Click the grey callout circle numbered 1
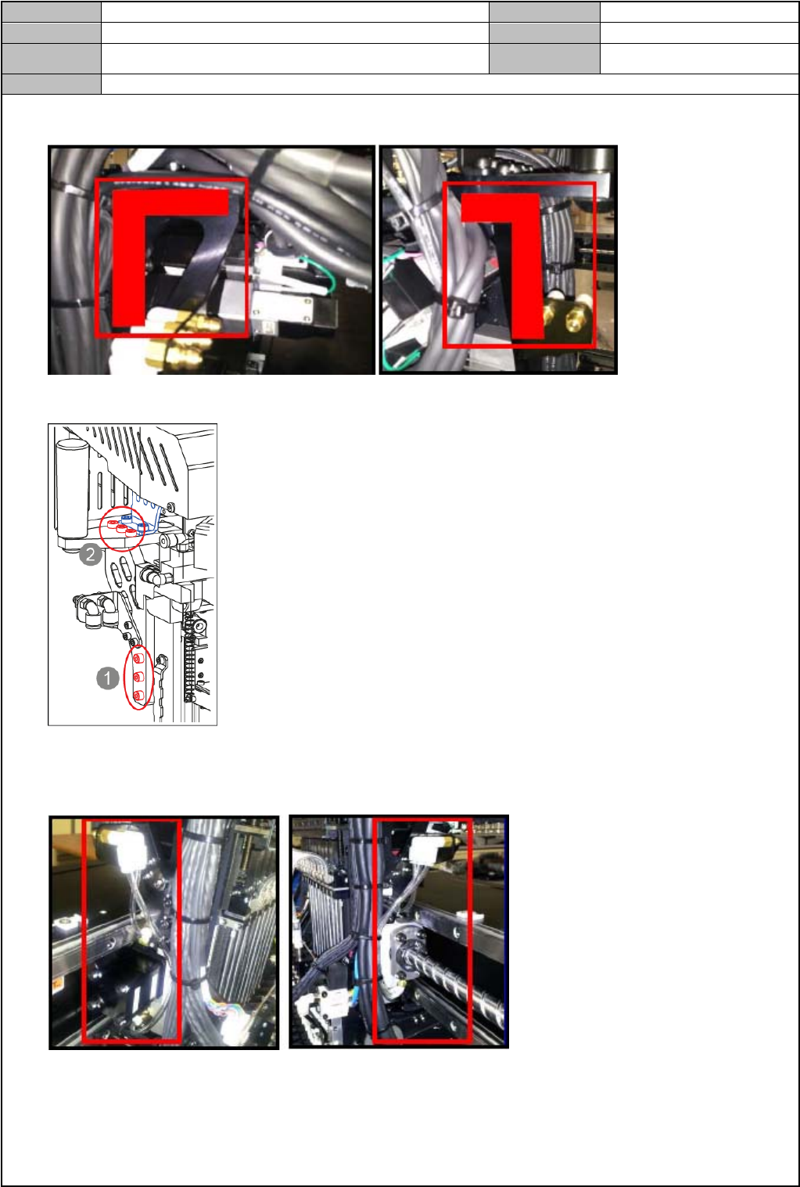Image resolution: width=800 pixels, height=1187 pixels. click(x=107, y=678)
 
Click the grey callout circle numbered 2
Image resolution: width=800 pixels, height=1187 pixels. click(x=91, y=555)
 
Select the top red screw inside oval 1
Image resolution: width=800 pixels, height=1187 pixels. click(x=138, y=658)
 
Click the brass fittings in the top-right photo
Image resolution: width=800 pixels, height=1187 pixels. click(x=571, y=317)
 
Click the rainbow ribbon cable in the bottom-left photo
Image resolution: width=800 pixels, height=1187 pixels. click(x=217, y=1004)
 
